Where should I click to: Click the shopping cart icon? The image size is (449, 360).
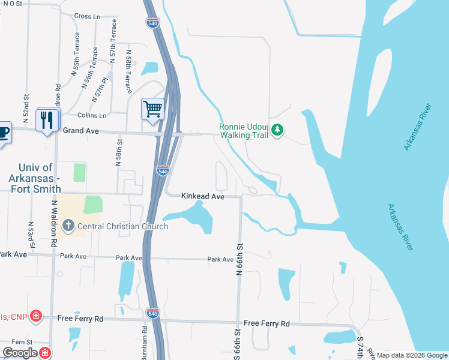153,109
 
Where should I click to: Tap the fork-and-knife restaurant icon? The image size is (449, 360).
47,119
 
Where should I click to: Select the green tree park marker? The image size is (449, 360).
277,129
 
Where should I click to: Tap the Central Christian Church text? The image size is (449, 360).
122,226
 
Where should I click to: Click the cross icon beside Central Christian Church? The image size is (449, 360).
68,226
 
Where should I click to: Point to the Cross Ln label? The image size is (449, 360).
88,16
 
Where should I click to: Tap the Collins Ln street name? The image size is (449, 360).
92,115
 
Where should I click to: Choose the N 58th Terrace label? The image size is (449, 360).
128,71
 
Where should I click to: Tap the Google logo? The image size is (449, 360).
20,353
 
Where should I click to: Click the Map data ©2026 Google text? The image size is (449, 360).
411,355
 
